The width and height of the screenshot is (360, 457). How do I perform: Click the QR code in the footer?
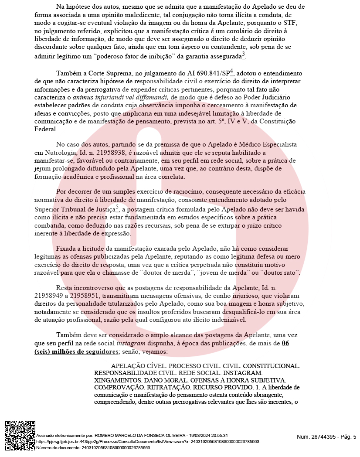20,435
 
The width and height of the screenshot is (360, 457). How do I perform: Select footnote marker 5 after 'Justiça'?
118,208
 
